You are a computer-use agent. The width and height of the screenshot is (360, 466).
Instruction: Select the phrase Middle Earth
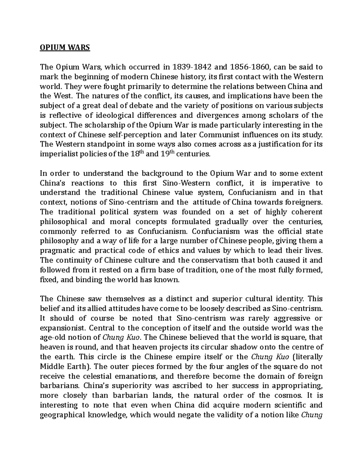tap(62, 366)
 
